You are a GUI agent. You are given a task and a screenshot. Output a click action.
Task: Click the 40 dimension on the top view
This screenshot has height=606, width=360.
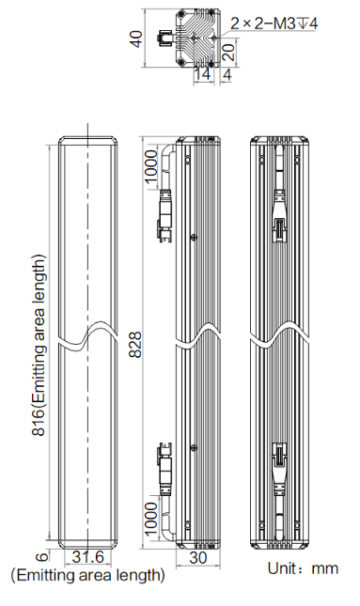(136, 39)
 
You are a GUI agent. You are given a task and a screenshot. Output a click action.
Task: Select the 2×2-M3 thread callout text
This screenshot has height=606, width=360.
(274, 23)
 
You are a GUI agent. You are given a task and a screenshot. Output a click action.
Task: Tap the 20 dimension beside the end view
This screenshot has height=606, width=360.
(228, 52)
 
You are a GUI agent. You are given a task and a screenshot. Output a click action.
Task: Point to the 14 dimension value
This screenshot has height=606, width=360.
(202, 74)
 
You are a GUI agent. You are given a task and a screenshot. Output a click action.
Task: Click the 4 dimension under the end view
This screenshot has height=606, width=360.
(227, 74)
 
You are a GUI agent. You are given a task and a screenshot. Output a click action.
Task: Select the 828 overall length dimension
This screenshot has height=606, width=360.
(135, 345)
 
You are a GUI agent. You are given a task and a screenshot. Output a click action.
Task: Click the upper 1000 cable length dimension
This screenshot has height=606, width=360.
(151, 166)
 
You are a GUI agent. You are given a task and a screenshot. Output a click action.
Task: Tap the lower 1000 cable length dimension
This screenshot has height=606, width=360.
(151, 518)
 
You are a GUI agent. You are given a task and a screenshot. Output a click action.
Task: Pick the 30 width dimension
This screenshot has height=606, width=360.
(198, 558)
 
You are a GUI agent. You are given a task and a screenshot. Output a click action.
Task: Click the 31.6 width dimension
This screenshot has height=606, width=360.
(88, 557)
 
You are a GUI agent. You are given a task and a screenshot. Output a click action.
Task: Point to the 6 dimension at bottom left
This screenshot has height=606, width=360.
(43, 556)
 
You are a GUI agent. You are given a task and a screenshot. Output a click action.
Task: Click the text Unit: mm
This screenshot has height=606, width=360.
(303, 568)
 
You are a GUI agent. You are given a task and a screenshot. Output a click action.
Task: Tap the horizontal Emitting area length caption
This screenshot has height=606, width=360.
(87, 575)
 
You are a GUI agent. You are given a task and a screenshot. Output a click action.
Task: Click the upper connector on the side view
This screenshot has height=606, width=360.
(164, 216)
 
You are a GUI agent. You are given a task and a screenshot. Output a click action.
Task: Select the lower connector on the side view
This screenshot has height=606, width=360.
(164, 470)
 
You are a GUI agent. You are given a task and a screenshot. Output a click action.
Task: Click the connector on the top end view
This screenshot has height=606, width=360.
(165, 39)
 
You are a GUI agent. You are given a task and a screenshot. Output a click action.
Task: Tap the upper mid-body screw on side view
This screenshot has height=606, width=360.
(195, 238)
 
